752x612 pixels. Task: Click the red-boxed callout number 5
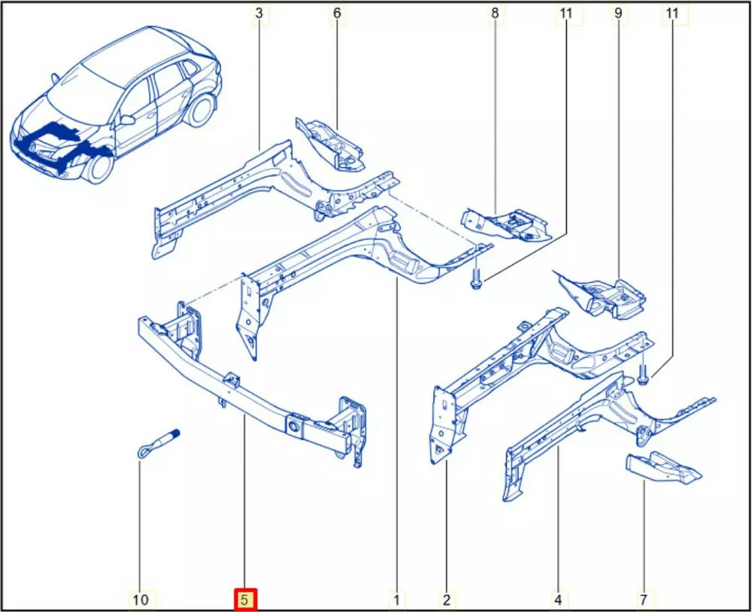245,599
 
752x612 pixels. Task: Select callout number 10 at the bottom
141,599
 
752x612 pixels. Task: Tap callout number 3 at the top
259,14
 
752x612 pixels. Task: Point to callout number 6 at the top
337,14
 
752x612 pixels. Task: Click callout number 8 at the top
495,14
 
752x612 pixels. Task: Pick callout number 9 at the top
617,14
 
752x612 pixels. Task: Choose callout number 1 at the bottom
396,599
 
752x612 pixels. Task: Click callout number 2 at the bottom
447,599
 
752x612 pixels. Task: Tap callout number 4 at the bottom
558,599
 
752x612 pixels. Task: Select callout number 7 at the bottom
644,599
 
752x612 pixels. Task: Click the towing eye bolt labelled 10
156,443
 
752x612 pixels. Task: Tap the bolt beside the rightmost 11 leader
643,374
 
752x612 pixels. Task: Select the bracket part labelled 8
506,224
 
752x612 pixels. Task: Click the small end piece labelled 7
663,467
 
